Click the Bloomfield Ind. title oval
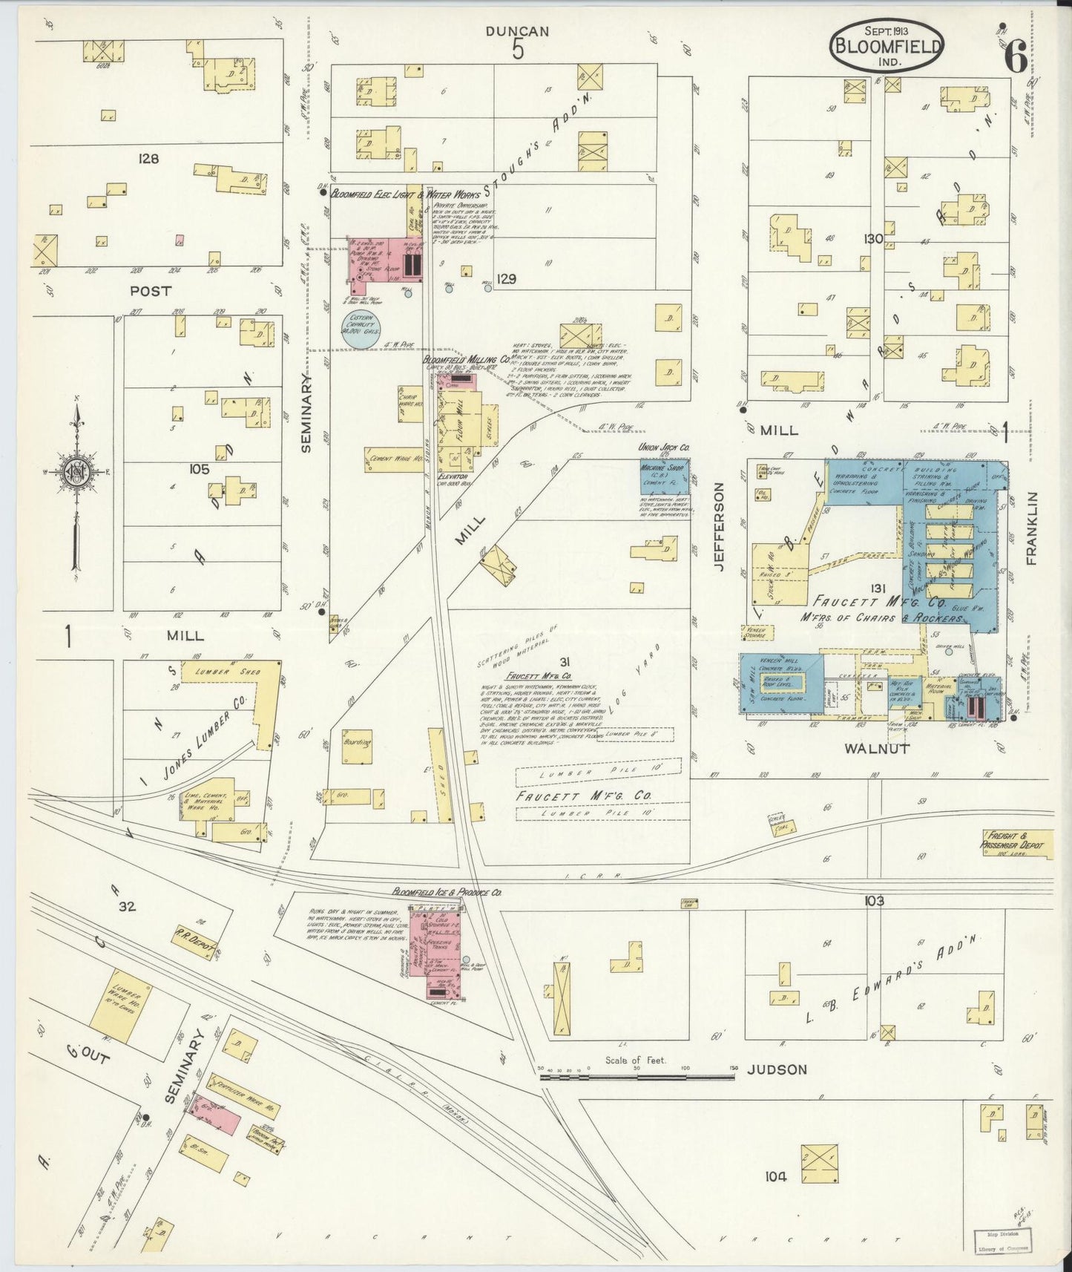click(887, 45)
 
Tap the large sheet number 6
click(1016, 56)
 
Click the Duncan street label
click(517, 31)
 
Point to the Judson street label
click(777, 1069)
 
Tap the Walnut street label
click(877, 749)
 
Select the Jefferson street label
click(718, 526)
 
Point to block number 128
click(148, 159)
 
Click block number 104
click(777, 1176)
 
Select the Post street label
click(151, 292)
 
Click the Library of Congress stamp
click(1006, 1240)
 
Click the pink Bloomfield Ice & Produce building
click(443, 950)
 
